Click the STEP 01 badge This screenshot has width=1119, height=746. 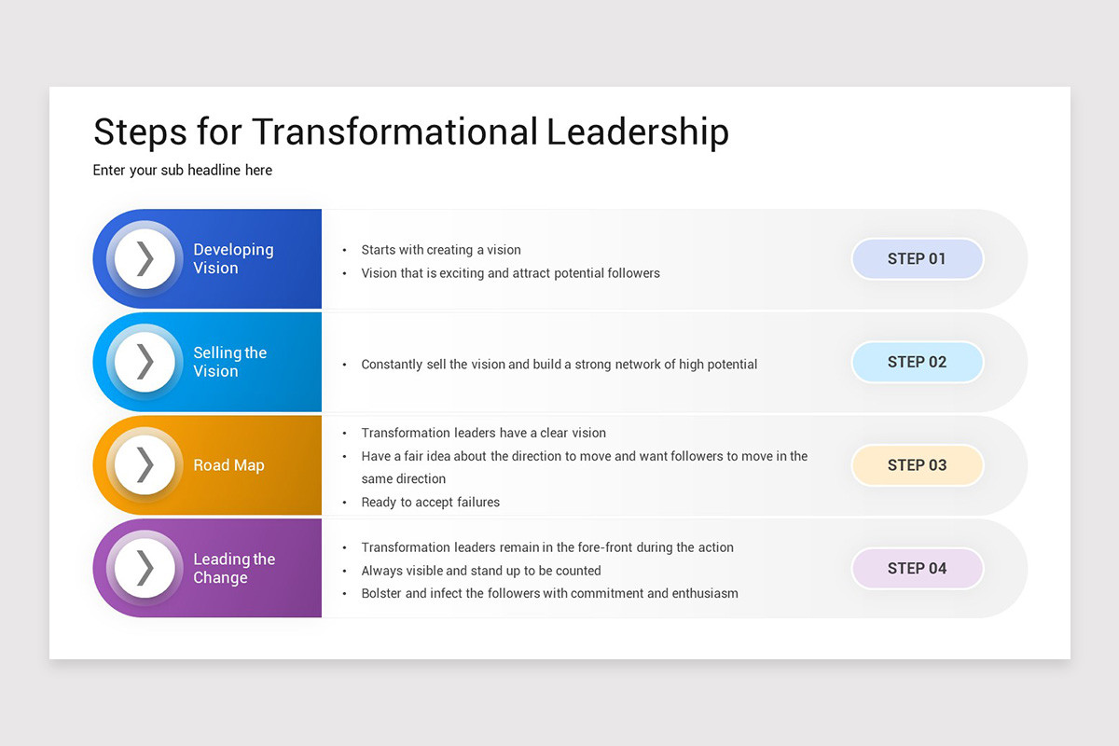click(x=917, y=259)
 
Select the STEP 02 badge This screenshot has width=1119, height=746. click(x=917, y=362)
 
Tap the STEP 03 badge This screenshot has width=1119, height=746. click(x=917, y=465)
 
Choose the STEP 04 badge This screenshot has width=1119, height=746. click(x=917, y=568)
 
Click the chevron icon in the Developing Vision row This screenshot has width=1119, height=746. click(x=145, y=258)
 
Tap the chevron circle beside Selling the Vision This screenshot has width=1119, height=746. click(x=145, y=362)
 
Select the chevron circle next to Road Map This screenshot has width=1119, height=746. click(x=145, y=464)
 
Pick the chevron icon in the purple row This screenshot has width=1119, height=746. click(x=145, y=568)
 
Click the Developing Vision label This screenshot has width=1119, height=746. click(x=233, y=258)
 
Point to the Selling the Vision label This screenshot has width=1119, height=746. click(x=229, y=362)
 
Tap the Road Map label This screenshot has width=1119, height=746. click(x=228, y=465)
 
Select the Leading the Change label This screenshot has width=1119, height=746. click(x=233, y=568)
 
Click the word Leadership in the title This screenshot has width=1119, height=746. click(x=638, y=132)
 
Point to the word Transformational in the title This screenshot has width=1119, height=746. click(x=394, y=132)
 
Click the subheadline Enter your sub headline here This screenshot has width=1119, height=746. click(x=183, y=170)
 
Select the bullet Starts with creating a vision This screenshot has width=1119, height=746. click(x=441, y=250)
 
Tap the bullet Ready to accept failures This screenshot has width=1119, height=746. click(x=430, y=502)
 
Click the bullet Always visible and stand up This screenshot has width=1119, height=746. click(x=481, y=571)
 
